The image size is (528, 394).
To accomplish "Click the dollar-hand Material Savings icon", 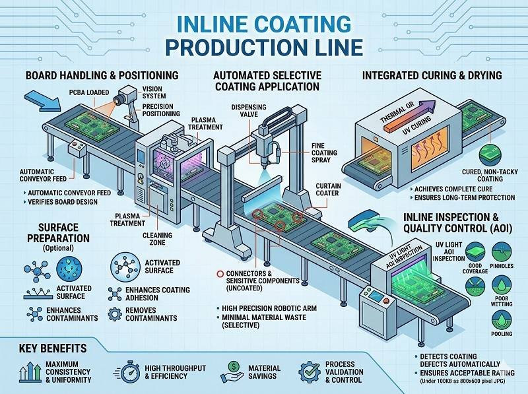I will (233, 371).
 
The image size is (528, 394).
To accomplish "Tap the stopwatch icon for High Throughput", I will (130, 372).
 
